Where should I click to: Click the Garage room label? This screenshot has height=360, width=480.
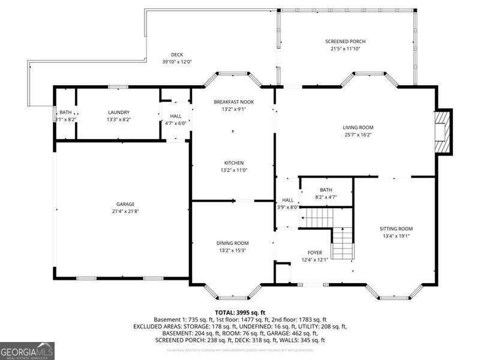pos(125,204)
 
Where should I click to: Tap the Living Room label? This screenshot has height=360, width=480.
pos(358,127)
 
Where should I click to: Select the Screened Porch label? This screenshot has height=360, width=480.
pos(345,41)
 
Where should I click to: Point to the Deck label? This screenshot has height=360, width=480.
pos(176,54)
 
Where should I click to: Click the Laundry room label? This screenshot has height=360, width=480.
pos(118,112)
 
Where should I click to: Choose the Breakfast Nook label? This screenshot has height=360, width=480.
pos(233,102)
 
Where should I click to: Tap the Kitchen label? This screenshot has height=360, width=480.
pos(233,163)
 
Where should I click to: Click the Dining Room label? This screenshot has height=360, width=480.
pos(232,243)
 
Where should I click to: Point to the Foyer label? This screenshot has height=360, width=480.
pos(315,253)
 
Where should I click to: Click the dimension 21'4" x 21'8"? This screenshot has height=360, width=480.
pos(125,211)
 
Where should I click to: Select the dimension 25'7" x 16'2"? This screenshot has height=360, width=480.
pos(358,135)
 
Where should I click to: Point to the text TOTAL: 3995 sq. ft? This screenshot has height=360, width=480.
pos(239,312)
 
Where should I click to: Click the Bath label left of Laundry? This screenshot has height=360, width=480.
pos(65,112)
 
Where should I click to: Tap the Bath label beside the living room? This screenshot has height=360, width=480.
pos(326,189)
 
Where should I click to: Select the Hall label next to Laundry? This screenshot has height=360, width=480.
pos(175,116)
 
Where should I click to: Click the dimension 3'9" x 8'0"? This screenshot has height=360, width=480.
pos(287,208)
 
